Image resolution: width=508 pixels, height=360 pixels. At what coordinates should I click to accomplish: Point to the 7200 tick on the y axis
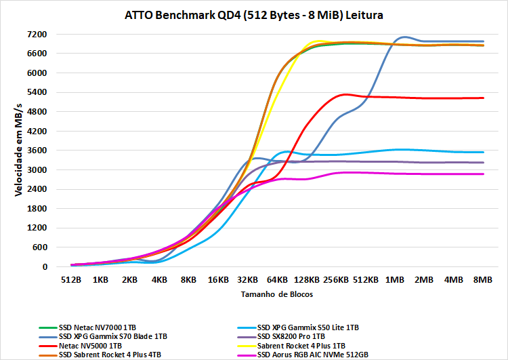coord(37,34)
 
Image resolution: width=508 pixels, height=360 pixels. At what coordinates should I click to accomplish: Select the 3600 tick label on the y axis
coord(37,151)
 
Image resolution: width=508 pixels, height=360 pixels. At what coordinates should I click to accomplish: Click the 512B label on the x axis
coord(72,279)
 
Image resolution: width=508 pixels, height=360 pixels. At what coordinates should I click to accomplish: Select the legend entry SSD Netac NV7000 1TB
coord(102,327)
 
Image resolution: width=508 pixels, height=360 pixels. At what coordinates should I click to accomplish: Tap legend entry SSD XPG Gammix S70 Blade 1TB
coord(112,336)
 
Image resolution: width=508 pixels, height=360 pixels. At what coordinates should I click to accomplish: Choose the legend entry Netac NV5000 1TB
coord(91,344)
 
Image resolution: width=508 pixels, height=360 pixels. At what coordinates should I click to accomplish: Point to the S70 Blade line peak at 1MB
coord(404,37)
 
